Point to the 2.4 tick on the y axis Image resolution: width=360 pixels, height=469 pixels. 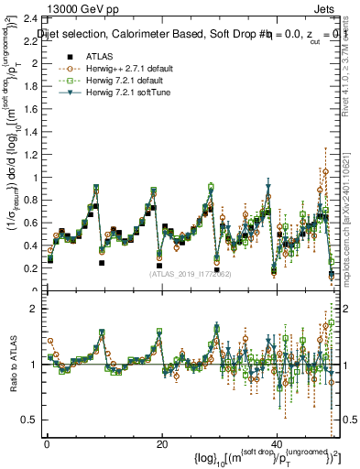coord(31,18)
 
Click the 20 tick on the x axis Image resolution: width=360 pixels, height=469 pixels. coord(162,442)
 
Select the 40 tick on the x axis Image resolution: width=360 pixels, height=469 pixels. coord(278,442)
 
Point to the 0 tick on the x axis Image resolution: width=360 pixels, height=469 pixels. coord(47,442)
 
